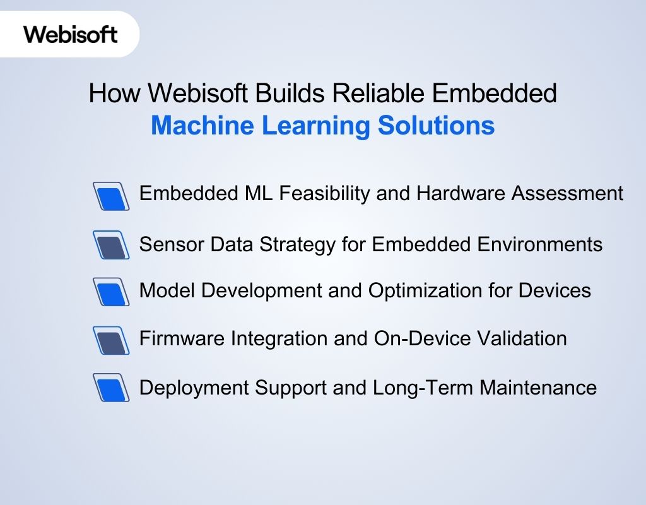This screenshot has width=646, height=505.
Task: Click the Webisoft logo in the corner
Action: [71, 34]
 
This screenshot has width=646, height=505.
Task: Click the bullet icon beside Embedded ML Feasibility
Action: [111, 196]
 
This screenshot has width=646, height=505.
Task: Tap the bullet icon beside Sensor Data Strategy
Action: [111, 244]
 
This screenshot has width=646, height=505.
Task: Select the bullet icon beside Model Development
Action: [111, 292]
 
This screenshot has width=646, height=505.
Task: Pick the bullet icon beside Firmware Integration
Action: [111, 340]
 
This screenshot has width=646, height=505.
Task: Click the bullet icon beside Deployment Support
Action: [111, 388]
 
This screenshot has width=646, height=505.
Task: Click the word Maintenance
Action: [538, 387]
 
